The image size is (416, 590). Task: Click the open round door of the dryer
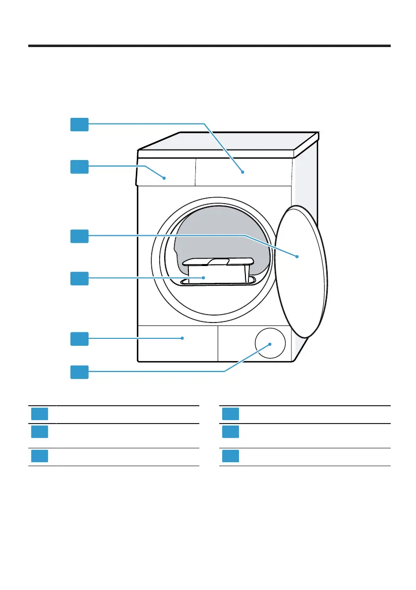[x=301, y=270]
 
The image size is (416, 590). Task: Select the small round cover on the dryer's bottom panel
[x=270, y=343]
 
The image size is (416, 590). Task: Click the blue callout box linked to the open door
[x=79, y=236]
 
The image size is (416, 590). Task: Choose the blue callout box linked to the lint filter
[x=79, y=278]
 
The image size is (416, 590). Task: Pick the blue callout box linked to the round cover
[x=79, y=372]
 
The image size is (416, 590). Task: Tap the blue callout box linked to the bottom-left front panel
[x=79, y=339]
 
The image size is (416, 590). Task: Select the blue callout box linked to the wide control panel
[x=79, y=124]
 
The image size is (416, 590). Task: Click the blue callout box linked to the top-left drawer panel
[x=79, y=166]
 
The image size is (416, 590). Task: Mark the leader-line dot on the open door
[x=297, y=257]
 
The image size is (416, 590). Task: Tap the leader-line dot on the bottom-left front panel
[x=183, y=338]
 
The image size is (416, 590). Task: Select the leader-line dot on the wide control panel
[x=242, y=172]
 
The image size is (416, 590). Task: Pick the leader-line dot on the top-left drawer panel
[x=164, y=177]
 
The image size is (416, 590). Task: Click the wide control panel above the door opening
[x=243, y=172]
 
